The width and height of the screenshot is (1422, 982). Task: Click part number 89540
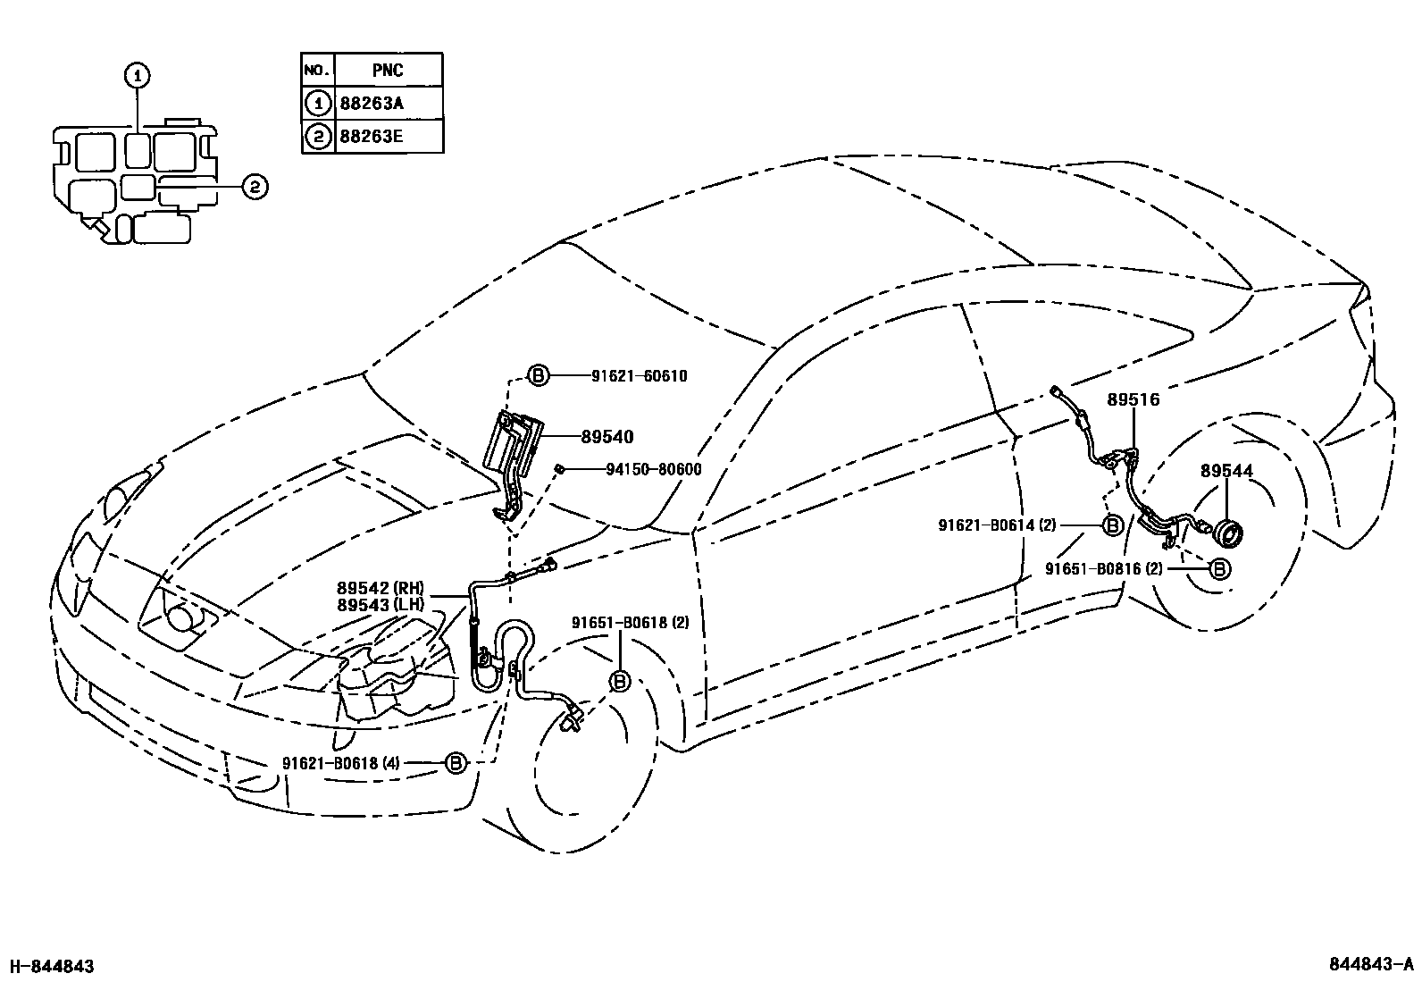tap(606, 437)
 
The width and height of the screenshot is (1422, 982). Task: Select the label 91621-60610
tap(639, 376)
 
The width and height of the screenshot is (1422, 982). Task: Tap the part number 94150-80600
tap(640, 469)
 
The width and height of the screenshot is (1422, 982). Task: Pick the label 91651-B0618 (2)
tap(631, 622)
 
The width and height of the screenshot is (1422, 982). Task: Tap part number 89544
tap(1226, 471)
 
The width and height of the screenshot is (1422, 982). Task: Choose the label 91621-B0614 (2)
tap(997, 525)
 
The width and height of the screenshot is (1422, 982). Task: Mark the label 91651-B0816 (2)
tap(1104, 567)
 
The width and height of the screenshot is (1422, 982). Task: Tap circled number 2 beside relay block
tap(254, 186)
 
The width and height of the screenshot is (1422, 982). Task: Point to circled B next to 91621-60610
tap(539, 376)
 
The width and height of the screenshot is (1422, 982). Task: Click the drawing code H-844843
tap(51, 966)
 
